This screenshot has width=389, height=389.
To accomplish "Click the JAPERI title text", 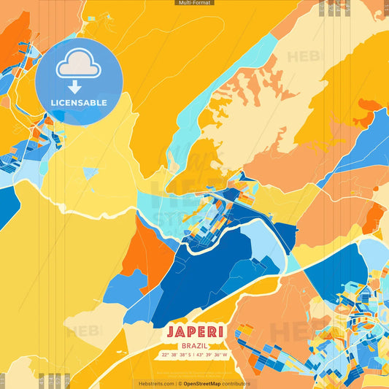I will coord(194,332).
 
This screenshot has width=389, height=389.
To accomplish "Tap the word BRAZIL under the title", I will coord(194,345).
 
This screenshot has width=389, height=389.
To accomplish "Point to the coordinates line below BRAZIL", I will coord(194,355).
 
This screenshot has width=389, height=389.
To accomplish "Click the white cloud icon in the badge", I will coord(79,66).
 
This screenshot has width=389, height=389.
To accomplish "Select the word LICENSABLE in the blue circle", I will coord(79,103).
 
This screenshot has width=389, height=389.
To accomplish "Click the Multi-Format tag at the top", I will coord(194,3).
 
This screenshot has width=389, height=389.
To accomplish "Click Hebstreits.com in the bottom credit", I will coord(155,383).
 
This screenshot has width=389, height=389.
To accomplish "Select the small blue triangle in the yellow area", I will coord(90,173).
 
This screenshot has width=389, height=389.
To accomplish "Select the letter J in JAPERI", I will coord(170,332).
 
